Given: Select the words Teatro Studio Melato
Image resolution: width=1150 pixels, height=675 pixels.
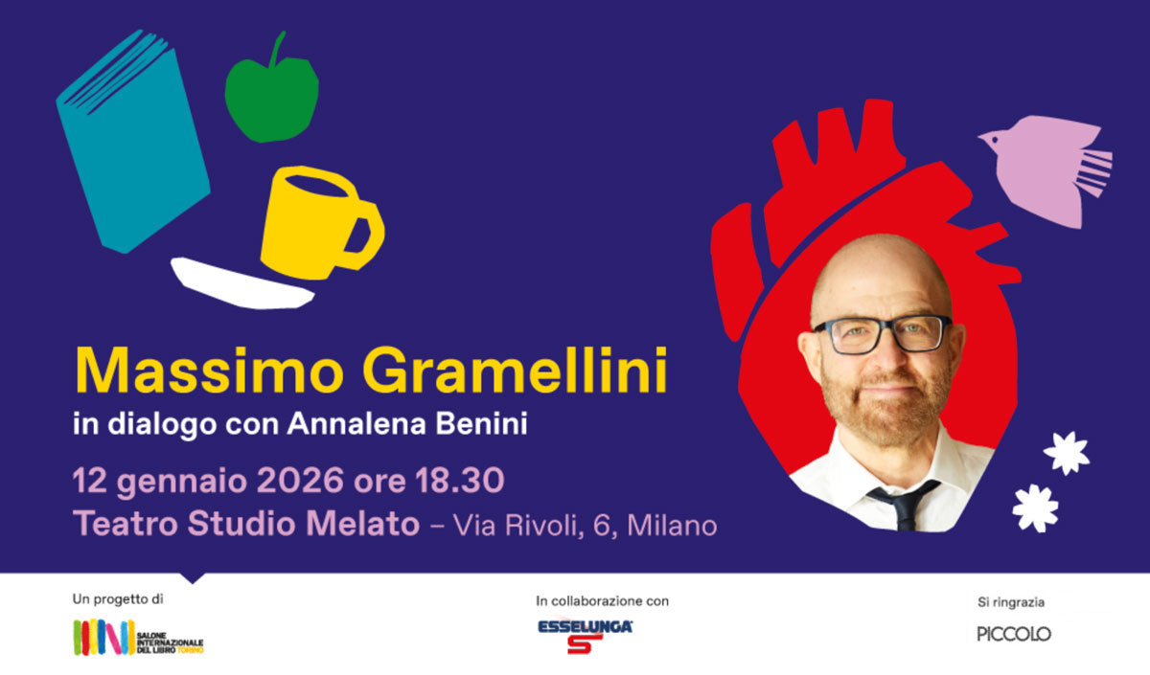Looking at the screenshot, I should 246,525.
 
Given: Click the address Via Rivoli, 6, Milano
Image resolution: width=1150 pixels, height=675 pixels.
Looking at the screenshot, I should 584,525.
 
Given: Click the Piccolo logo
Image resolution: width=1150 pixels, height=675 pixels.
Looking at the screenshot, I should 1014,634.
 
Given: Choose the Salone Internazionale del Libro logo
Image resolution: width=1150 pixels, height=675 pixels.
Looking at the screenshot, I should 138,638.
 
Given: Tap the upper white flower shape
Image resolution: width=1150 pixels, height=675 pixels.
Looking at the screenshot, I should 1066,452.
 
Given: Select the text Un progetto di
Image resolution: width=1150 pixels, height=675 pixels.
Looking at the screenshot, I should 118,599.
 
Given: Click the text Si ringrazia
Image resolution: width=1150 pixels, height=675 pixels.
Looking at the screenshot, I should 1011,602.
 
